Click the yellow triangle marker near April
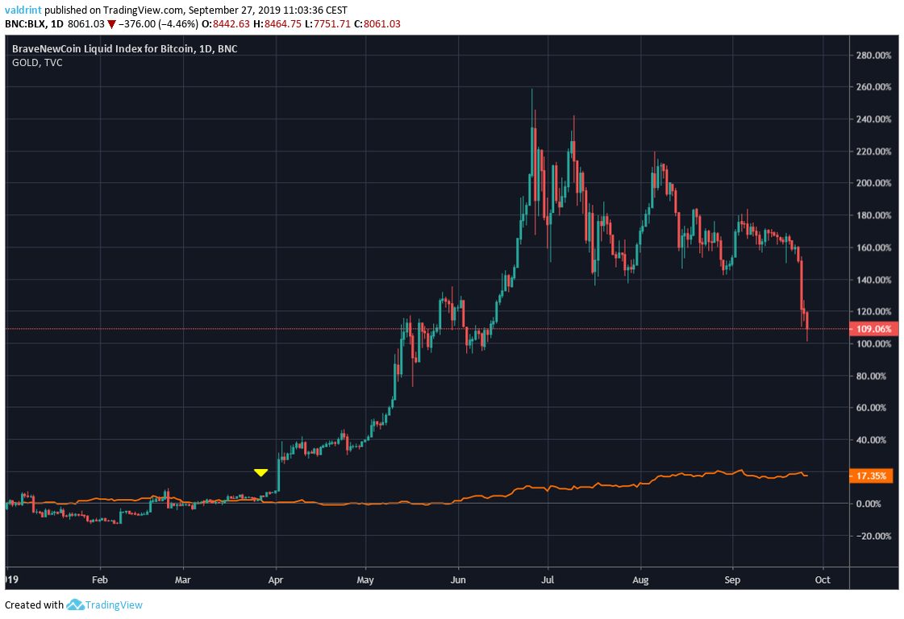click(260, 472)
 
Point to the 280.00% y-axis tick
click(874, 56)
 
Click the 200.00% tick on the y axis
click(874, 184)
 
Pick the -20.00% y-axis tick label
click(874, 536)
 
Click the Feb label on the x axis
click(100, 579)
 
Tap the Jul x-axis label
click(548, 579)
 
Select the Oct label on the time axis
click(823, 579)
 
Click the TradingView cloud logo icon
click(77, 604)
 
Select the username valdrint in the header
click(22, 10)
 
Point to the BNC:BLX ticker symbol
click(23, 24)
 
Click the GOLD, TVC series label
click(37, 62)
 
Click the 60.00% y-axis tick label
click(874, 408)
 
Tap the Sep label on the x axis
click(733, 579)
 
